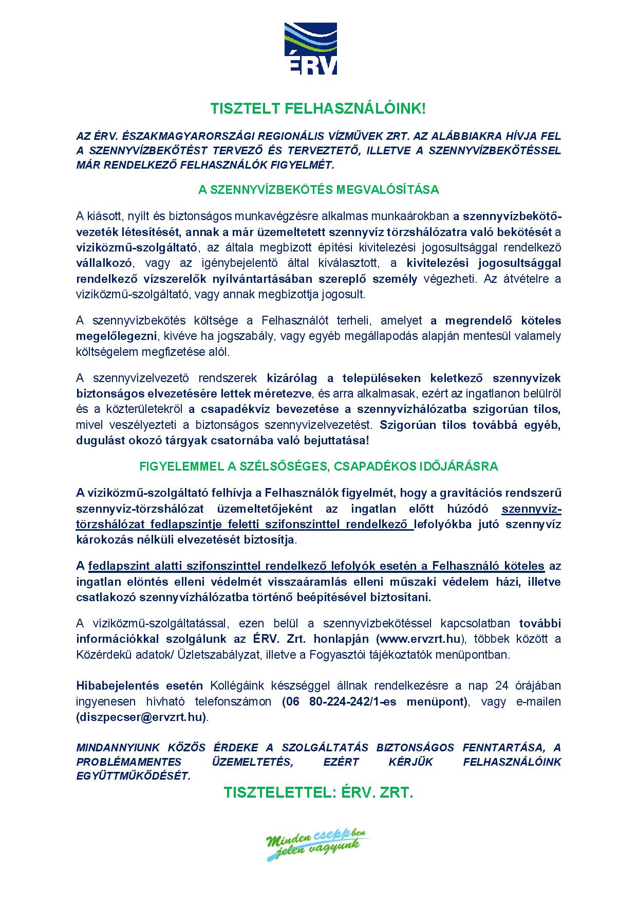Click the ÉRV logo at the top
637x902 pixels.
coord(311,49)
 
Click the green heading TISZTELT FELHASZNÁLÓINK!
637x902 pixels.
coord(318,108)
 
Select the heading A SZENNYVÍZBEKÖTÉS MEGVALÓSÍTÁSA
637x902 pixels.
coord(318,190)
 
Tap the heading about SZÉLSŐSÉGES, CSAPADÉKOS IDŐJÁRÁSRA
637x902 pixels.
coord(318,466)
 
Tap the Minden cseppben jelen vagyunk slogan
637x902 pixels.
coord(318,844)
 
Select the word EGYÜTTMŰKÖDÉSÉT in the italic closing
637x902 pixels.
coord(133,776)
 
